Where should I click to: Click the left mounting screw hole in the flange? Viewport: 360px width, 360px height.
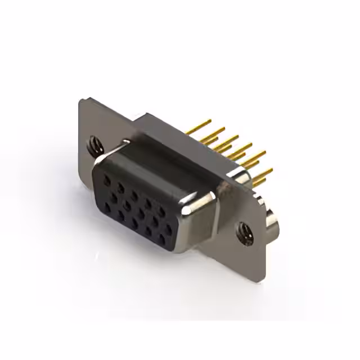[x=94, y=148]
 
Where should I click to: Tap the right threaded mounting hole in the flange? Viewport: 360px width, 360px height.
[x=243, y=229]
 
